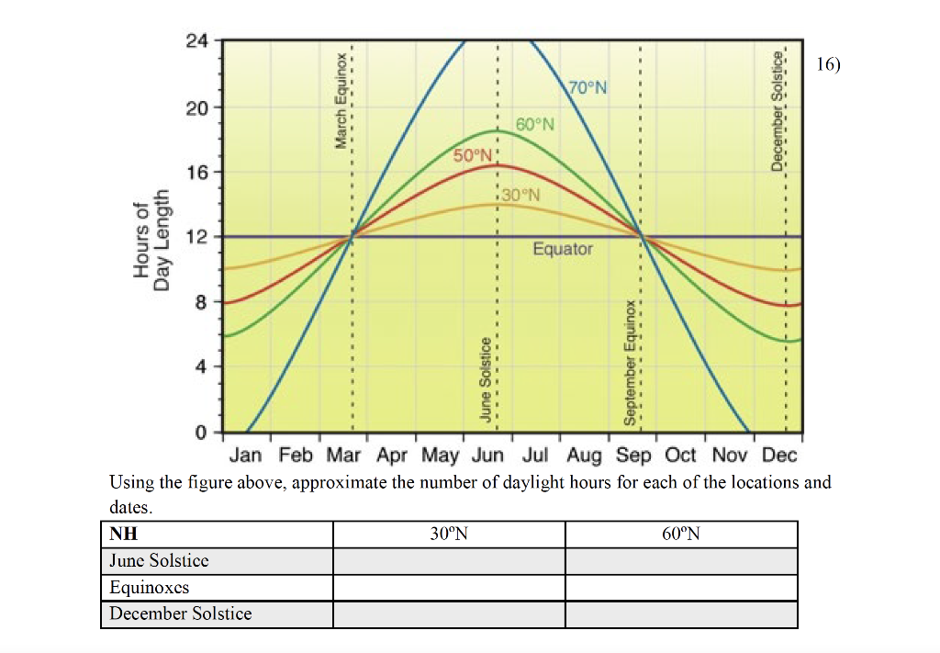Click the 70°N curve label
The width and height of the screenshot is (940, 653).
pyautogui.click(x=587, y=88)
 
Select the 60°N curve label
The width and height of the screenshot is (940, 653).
pyautogui.click(x=535, y=124)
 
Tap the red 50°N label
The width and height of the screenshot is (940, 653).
pyautogui.click(x=473, y=155)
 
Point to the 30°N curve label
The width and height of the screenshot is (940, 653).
pyautogui.click(x=521, y=195)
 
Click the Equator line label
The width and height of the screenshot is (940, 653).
pyautogui.click(x=563, y=249)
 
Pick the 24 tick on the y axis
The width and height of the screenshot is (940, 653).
pyautogui.click(x=196, y=41)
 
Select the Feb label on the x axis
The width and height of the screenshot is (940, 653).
pyautogui.click(x=296, y=455)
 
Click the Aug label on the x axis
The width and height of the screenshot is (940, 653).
pyautogui.click(x=585, y=455)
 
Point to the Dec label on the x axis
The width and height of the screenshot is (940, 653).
pyautogui.click(x=779, y=455)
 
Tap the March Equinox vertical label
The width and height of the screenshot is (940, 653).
pyautogui.click(x=341, y=100)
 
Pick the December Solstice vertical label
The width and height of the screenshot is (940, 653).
pyautogui.click(x=777, y=110)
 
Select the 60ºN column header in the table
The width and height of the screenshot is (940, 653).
pyautogui.click(x=681, y=535)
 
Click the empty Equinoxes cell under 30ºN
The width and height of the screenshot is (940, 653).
pyautogui.click(x=449, y=587)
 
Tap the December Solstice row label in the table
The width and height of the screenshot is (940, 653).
pyautogui.click(x=181, y=614)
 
